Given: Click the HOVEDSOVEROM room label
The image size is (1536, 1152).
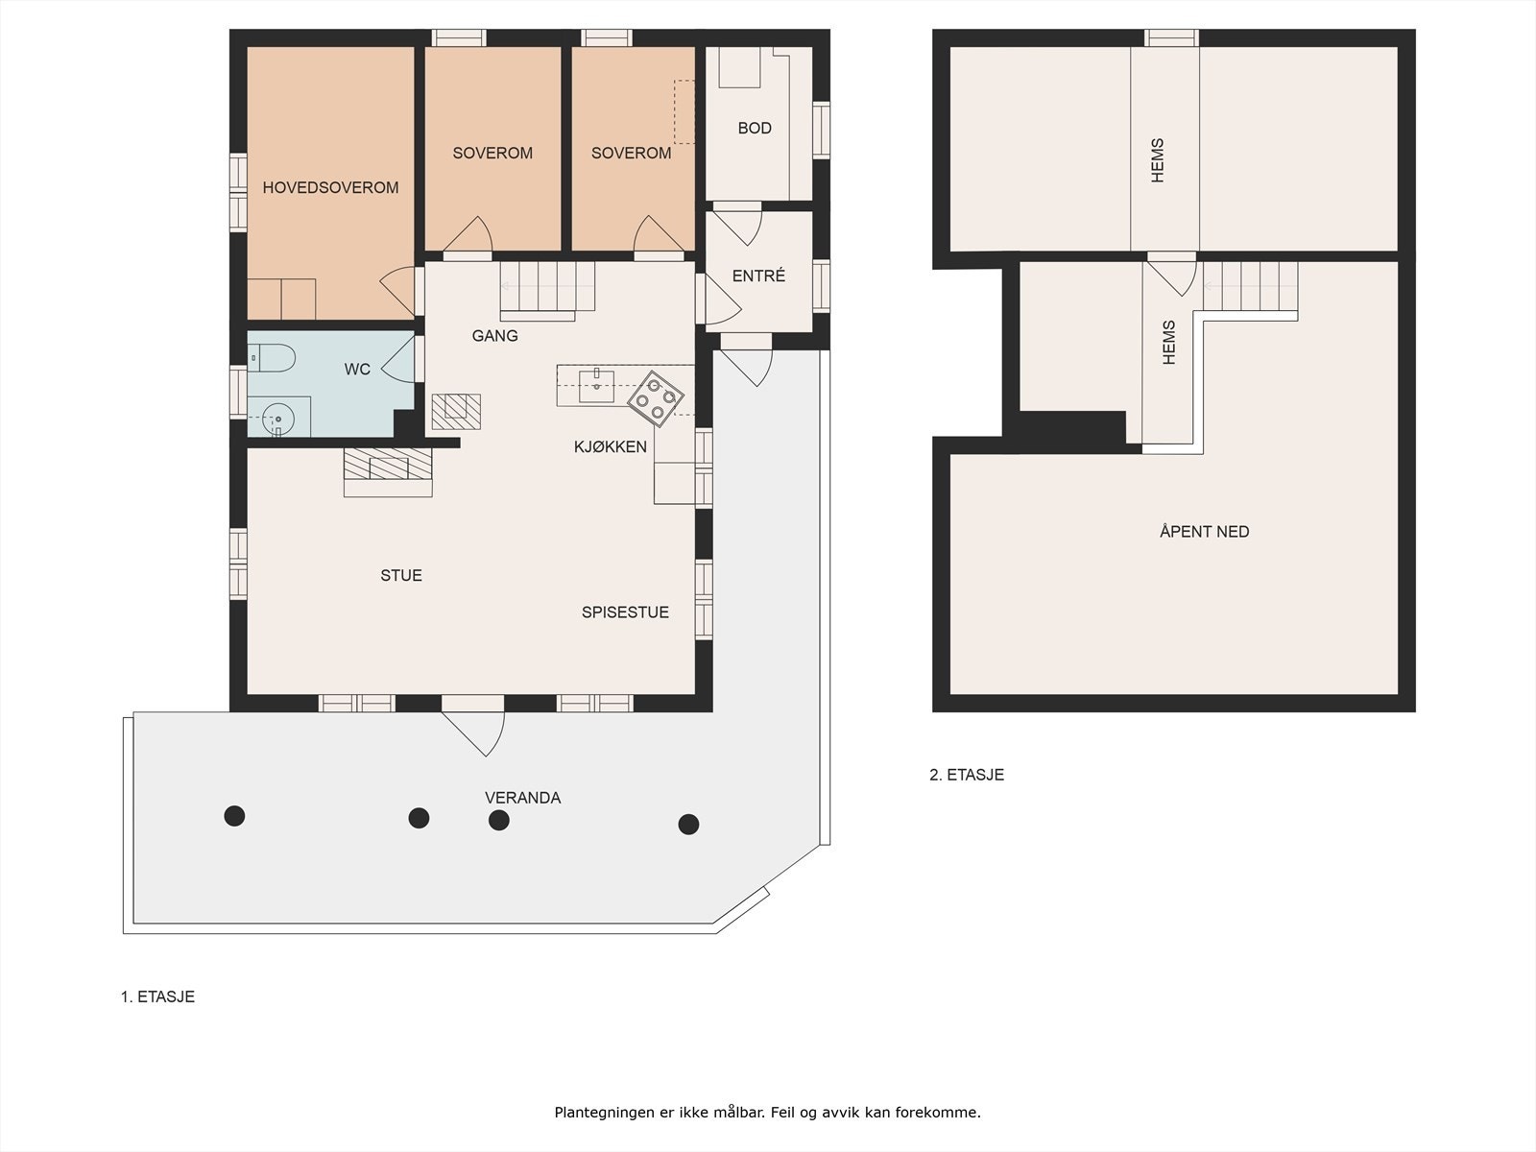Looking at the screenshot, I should point(330,187).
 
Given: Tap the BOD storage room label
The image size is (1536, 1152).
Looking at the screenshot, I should point(755,128).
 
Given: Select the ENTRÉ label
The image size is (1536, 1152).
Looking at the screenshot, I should point(758,276).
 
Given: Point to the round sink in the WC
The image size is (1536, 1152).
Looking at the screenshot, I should point(278,419).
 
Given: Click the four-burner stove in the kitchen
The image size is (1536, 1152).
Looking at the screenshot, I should point(656,397).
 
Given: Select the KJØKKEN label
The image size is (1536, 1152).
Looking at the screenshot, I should point(611,446).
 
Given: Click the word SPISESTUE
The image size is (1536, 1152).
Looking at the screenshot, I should point(625,612).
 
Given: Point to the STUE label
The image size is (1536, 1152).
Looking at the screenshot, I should point(401,575).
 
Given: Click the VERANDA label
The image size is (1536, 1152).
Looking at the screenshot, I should point(522,798).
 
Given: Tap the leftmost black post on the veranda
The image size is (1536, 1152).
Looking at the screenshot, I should point(234,816).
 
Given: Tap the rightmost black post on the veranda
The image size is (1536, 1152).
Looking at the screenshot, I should point(688,824).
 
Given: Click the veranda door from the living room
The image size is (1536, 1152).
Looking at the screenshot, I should point(472,725).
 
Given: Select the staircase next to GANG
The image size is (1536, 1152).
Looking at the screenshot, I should point(546,287).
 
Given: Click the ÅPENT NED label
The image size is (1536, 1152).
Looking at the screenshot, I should point(1204,531).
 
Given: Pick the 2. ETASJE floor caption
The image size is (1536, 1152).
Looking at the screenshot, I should point(967,775).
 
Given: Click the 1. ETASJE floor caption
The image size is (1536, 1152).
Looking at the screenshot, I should point(157,996).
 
